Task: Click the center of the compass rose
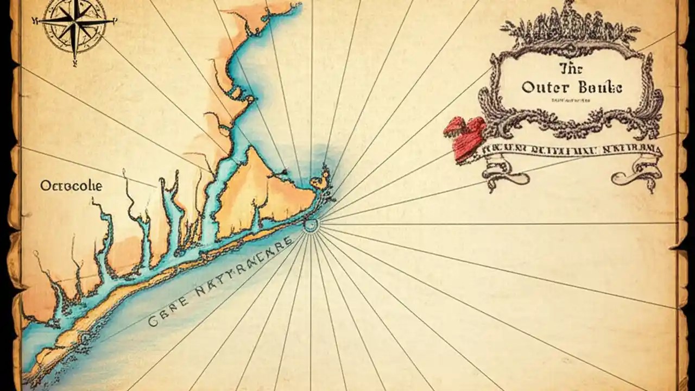click(x=73, y=21)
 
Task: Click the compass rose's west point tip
click(x=34, y=21)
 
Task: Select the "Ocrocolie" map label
click(x=71, y=186)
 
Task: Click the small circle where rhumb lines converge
click(x=311, y=224)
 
